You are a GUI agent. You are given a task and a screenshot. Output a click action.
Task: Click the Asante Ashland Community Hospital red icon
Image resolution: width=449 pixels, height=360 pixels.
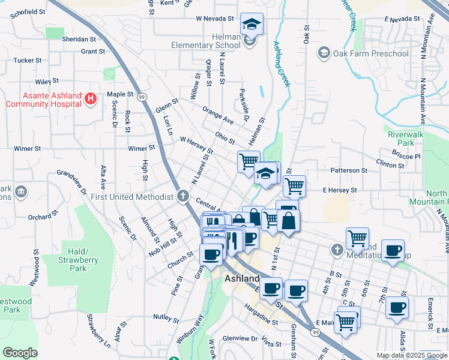91,98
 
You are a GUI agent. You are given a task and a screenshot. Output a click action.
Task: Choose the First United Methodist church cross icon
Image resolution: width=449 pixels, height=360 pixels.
184,196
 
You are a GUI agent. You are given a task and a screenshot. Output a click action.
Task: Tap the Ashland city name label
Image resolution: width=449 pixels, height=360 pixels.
242,279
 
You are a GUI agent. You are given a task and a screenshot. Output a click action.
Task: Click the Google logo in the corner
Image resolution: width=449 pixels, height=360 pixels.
20,353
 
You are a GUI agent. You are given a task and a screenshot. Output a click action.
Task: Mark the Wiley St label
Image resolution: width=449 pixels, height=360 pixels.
47,80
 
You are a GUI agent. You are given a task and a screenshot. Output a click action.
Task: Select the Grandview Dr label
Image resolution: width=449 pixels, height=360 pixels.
72,182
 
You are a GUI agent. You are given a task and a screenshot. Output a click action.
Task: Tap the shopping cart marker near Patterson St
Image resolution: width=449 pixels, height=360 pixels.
294,186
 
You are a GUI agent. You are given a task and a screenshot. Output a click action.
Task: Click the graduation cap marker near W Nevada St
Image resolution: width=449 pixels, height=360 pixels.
252,25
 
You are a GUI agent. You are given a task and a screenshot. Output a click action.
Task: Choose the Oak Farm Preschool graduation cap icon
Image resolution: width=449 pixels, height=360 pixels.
324,53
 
